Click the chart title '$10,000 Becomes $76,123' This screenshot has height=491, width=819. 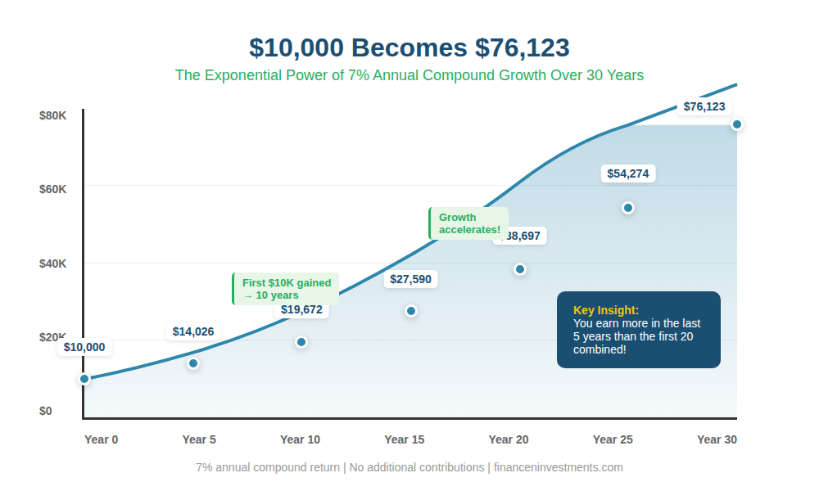coord(409,47)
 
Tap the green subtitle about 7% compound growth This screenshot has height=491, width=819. coord(409,75)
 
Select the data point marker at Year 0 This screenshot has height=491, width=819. coord(84,379)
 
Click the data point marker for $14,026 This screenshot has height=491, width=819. coord(193,363)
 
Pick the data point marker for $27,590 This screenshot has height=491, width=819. coord(411,311)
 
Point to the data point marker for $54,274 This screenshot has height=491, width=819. coord(628,208)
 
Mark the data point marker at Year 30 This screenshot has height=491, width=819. coord(737,124)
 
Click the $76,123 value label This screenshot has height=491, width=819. coord(704,106)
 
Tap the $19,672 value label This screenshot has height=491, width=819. coord(301,309)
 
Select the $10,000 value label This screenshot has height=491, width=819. coord(84,347)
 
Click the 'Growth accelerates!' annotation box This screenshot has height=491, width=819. coord(469,223)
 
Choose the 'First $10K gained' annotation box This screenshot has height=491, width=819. coord(286,289)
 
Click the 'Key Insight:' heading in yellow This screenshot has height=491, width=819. coord(606,310)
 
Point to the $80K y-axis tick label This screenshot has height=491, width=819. coord(52,115)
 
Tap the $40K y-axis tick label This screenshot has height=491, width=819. coord(52,264)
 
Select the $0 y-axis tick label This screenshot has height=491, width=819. coord(46,411)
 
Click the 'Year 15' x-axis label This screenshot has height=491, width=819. coord(405,439)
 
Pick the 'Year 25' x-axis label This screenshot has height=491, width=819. coord(613,439)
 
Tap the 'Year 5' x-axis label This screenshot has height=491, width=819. coord(199,439)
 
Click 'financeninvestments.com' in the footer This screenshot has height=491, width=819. coord(559,467)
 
